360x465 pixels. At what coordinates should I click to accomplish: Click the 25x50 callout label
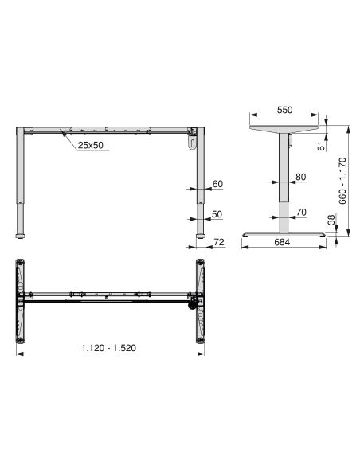point(90,146)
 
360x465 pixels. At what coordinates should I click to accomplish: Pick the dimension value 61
point(322,144)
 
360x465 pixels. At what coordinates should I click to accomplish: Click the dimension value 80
point(300,177)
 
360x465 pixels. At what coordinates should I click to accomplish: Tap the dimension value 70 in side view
point(300,212)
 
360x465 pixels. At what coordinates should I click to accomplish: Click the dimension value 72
point(219,241)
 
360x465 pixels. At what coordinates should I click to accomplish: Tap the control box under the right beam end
point(192,142)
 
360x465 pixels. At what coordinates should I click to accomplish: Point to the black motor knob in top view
point(191,306)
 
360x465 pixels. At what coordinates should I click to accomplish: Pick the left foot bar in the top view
point(21,299)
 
